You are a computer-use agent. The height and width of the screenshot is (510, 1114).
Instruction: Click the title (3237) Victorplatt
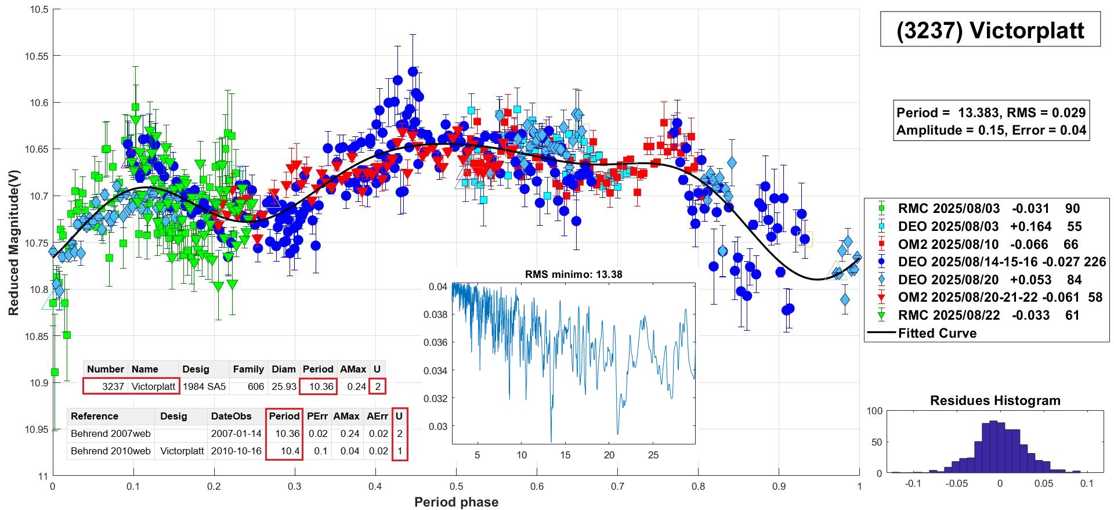pos(990,30)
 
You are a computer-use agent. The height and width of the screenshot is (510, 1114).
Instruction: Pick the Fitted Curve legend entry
pos(937,333)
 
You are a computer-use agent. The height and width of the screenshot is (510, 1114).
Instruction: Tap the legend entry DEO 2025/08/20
pos(948,280)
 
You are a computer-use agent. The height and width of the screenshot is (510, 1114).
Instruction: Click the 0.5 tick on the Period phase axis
pos(457,486)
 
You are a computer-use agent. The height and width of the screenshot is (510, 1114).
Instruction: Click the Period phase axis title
pos(456,502)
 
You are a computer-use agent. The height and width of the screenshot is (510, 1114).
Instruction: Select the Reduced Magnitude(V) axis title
pos(13,243)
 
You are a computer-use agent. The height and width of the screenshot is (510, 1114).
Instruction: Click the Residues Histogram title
pos(995,400)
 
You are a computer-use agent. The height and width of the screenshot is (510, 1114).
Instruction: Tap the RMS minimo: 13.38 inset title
pos(573,274)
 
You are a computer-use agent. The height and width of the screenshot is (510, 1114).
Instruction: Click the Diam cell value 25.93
pos(284,386)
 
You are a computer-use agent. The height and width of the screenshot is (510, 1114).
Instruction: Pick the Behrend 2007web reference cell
pos(110,433)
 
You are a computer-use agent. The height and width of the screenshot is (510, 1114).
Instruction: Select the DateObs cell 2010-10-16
pos(236,451)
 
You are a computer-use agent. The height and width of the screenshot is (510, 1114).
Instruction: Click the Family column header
pos(248,369)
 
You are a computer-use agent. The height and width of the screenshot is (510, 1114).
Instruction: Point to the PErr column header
pos(317,416)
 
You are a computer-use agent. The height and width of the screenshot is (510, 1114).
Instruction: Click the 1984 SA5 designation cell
pos(204,386)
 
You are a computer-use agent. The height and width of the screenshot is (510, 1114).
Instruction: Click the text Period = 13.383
pos(948,113)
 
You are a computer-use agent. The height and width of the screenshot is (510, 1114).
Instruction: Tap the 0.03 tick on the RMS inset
pos(438,426)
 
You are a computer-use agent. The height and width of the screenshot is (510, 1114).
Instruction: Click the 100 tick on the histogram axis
pos(874,411)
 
